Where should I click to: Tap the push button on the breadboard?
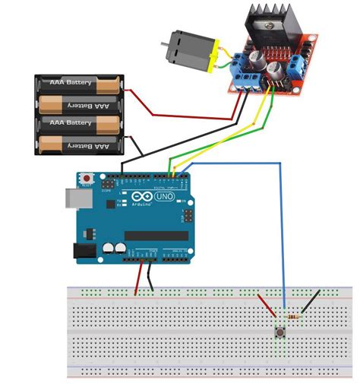pos(279,332)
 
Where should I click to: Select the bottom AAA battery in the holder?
pos(80,143)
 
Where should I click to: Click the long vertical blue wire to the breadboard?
pos(284,243)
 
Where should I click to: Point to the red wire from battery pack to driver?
pos(182,116)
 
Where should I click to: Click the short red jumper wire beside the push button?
pos(267,306)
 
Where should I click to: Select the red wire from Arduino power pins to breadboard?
pos(139,278)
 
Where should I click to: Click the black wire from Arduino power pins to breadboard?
pos(151,278)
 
